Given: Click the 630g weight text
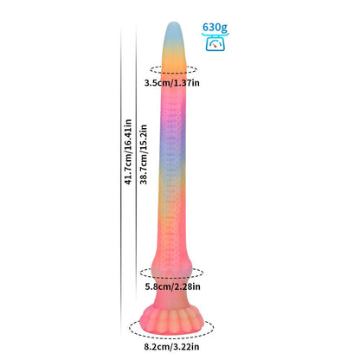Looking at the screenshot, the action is [x=215, y=28].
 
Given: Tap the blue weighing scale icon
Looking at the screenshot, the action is [x=215, y=42].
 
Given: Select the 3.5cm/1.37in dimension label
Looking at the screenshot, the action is [x=172, y=83].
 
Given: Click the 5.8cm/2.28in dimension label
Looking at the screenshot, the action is [x=172, y=286].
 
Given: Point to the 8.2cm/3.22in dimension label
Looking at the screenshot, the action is [x=171, y=346].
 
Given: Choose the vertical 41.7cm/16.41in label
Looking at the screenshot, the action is [x=128, y=152].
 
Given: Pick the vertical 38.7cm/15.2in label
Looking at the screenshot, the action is [x=144, y=154].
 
